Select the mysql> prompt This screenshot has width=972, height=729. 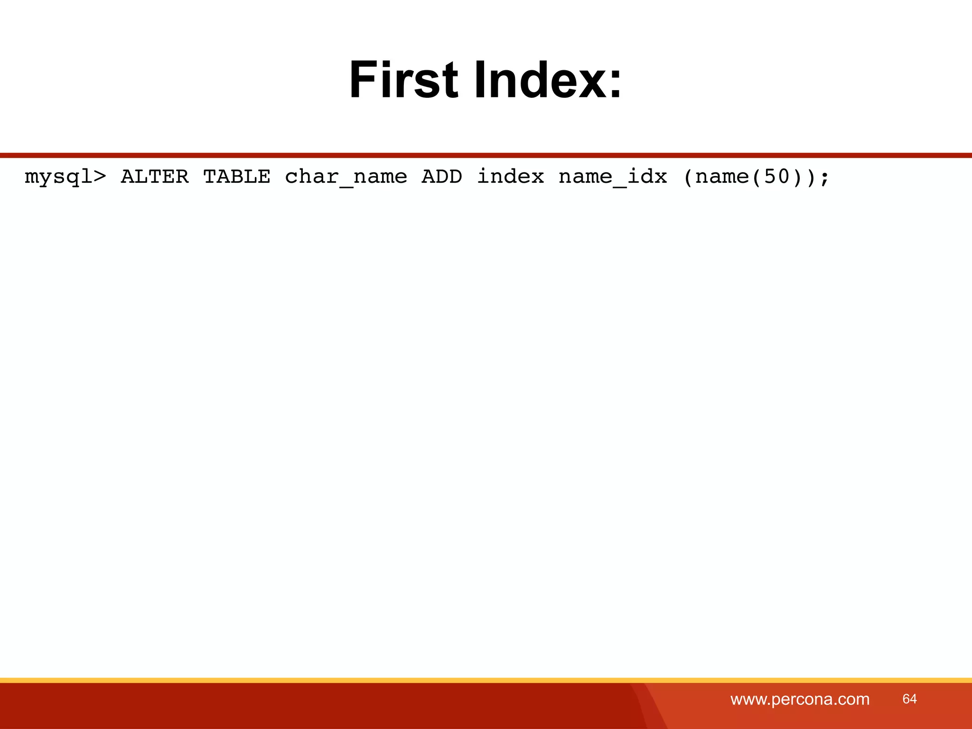point(65,177)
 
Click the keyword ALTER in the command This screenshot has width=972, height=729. point(155,177)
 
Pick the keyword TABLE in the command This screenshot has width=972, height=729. point(237,177)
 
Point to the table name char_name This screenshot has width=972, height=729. point(346,177)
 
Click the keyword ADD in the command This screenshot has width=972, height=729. point(442,177)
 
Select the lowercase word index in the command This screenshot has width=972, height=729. point(510,177)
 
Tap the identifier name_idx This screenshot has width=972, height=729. point(613,177)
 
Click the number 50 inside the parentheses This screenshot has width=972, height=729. point(777,177)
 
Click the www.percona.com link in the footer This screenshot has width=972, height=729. point(800,699)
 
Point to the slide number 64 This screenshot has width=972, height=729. point(909,699)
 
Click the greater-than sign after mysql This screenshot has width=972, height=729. point(100,177)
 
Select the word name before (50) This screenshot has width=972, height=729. point(722,177)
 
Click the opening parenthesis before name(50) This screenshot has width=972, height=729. point(688,177)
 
